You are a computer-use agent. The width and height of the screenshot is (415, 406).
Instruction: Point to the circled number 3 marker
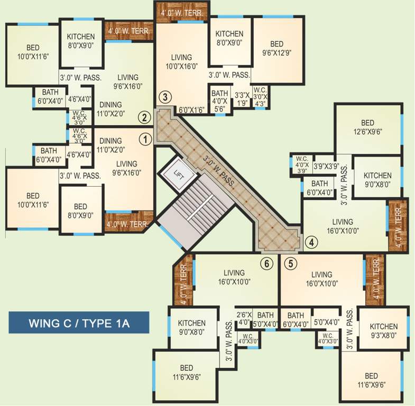[x=165, y=97]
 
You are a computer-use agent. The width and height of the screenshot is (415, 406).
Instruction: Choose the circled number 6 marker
[x=267, y=263]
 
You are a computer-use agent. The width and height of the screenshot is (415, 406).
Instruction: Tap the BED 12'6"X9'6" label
[x=367, y=128]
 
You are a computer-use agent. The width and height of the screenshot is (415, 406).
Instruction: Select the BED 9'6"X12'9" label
[x=276, y=48]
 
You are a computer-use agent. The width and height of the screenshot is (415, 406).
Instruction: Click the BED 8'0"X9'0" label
[x=80, y=210]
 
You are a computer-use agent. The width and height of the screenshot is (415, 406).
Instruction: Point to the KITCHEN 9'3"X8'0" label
[x=383, y=330]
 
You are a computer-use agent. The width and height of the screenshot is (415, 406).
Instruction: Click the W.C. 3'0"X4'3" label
[x=260, y=97]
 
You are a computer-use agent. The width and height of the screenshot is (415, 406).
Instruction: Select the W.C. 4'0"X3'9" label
[x=302, y=164]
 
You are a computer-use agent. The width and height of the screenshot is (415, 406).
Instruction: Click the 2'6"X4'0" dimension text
[x=244, y=318]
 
